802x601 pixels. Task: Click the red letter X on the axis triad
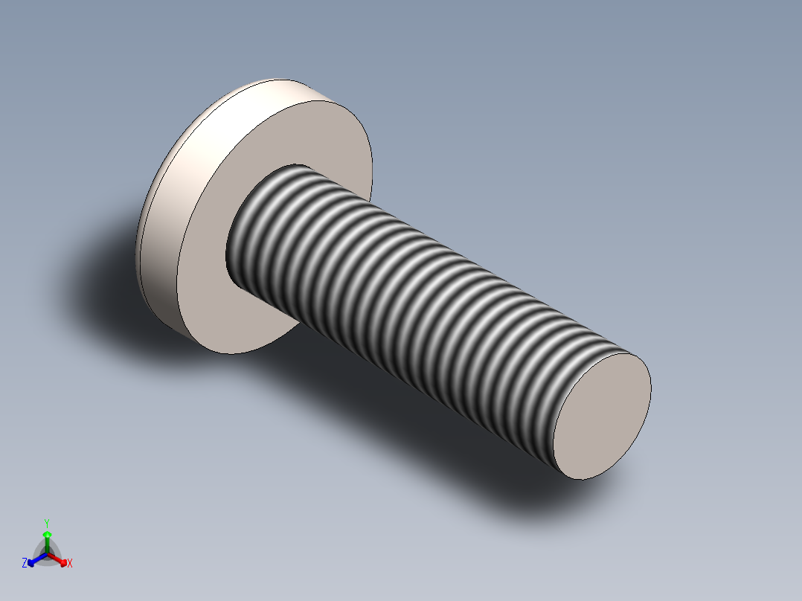tap(70, 564)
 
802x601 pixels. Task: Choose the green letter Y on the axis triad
tap(46, 522)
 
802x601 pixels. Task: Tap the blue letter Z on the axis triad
tap(25, 564)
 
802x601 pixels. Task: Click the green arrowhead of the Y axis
tap(47, 534)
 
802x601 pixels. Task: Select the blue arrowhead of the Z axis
tap(32, 562)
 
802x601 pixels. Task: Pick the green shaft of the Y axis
tap(47, 544)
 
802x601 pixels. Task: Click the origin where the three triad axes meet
tap(47, 555)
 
